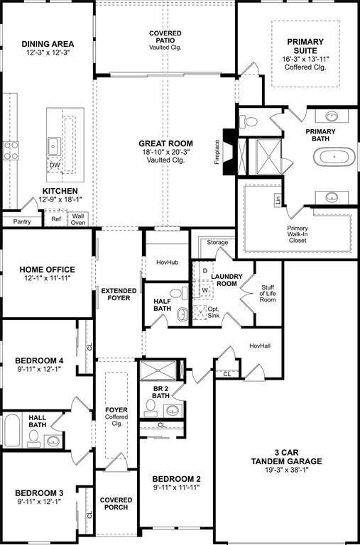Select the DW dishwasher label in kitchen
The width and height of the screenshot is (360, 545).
(55, 166)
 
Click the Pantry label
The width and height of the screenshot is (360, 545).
(16, 221)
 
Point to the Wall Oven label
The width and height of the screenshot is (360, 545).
(78, 219)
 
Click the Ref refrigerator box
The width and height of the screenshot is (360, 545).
(57, 219)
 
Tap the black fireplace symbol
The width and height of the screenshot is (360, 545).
(228, 150)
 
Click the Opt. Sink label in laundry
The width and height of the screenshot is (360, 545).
(213, 312)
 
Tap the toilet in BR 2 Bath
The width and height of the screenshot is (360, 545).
(151, 407)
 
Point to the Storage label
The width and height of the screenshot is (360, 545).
(217, 243)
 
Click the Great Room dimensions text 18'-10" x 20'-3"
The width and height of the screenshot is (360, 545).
(165, 152)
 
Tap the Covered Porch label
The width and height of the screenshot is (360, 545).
(116, 505)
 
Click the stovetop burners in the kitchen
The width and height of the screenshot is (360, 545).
(11, 150)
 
